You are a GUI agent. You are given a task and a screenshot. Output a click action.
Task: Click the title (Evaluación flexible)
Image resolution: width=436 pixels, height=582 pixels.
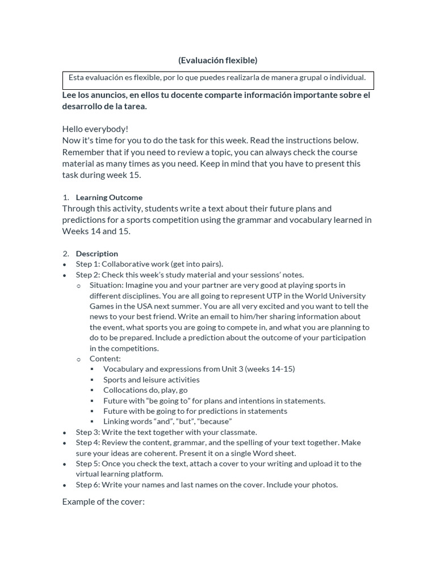coord(217,60)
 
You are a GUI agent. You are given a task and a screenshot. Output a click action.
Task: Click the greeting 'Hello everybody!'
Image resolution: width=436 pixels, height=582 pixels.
coord(95,129)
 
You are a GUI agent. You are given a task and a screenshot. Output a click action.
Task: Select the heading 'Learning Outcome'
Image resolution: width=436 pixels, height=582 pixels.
coord(109,197)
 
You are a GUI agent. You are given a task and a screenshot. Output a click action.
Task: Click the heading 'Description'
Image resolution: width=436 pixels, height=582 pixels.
coord(97,253)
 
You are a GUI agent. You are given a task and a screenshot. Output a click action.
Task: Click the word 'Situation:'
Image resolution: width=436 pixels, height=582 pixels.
coord(106,285)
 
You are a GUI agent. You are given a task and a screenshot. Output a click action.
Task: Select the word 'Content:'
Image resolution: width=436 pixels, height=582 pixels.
coord(105,359)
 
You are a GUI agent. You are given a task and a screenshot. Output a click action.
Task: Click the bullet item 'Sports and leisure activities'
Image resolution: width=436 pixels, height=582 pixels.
coord(152,380)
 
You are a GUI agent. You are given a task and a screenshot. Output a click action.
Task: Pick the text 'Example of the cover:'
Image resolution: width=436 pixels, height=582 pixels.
coord(103,502)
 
